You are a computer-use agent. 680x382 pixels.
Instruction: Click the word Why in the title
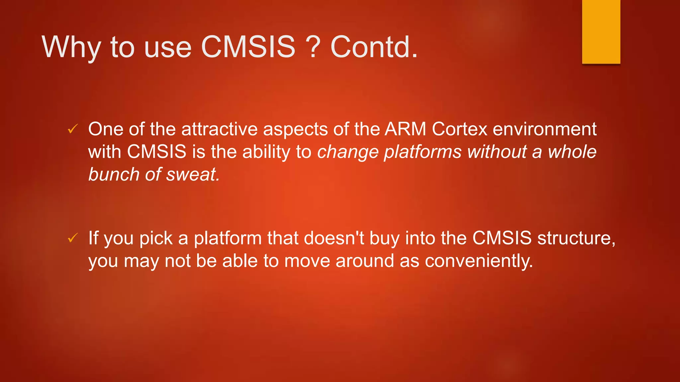point(71,47)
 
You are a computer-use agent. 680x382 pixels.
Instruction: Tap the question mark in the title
point(313,47)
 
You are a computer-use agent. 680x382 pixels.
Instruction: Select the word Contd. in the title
point(374,47)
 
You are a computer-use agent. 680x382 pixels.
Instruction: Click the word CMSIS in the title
point(248,47)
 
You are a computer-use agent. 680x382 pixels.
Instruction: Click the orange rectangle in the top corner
point(601,32)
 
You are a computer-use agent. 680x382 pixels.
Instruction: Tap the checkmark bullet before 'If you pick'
point(73,238)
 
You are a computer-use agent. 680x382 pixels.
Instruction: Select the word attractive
point(219,129)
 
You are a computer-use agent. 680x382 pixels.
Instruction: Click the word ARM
point(405,129)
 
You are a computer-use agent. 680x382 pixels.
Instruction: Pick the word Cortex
point(460,129)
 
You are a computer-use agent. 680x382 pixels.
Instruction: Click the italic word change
point(348,152)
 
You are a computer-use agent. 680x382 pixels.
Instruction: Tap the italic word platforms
point(423,152)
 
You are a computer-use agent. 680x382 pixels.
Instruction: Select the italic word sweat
point(193,174)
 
